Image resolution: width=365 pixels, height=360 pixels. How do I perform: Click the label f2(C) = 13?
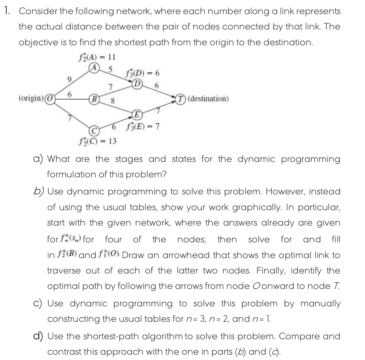coord(96,141)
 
